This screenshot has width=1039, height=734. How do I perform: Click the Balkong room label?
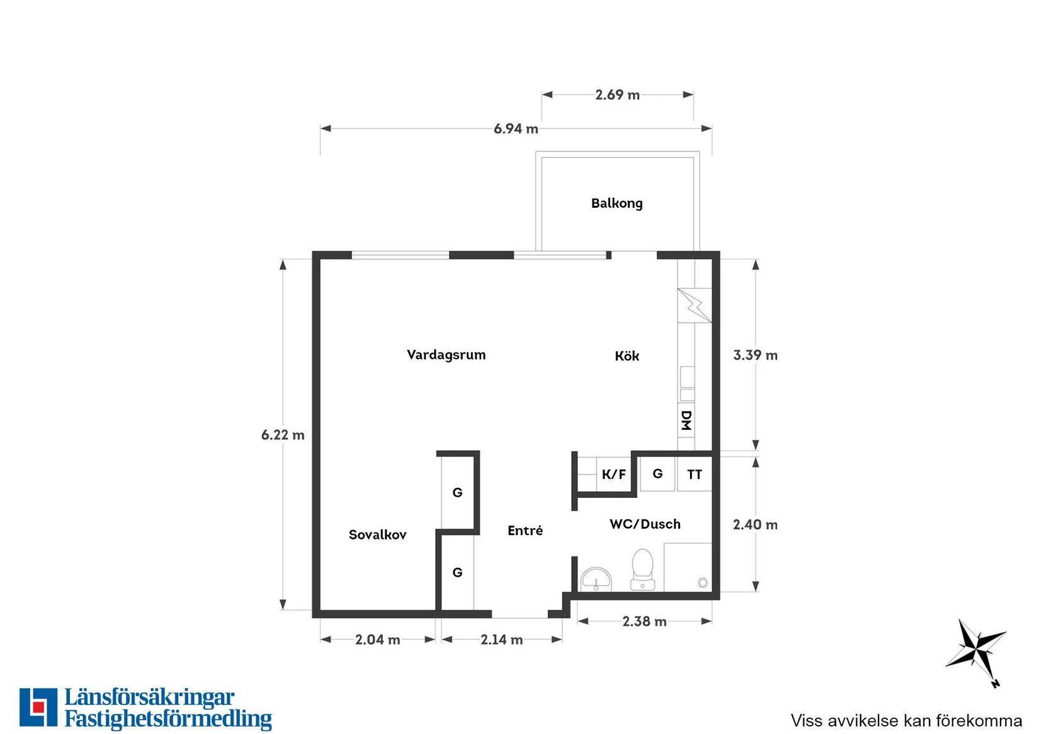pyautogui.click(x=617, y=203)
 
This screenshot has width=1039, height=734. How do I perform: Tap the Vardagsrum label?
pyautogui.click(x=446, y=355)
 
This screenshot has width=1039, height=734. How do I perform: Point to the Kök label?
pyautogui.click(x=627, y=356)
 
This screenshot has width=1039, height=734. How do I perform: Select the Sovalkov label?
pyautogui.click(x=378, y=534)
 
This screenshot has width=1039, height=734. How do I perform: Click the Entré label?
pyautogui.click(x=525, y=530)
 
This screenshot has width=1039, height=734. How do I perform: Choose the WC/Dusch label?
pyautogui.click(x=645, y=524)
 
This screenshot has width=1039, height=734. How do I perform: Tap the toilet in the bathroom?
pyautogui.click(x=642, y=570)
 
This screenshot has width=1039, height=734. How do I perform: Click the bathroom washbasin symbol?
pyautogui.click(x=596, y=579)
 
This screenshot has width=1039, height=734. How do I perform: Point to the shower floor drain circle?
pyautogui.click(x=703, y=582)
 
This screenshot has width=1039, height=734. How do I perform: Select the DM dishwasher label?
pyautogui.click(x=686, y=421)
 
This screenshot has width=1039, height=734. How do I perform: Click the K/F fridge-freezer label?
pyautogui.click(x=614, y=475)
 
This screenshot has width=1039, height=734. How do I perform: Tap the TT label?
pyautogui.click(x=695, y=475)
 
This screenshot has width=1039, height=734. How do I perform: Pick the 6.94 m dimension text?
pyautogui.click(x=516, y=128)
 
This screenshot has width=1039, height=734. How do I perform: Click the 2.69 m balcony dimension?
pyautogui.click(x=617, y=94)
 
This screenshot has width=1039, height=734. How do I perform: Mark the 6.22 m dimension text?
pyautogui.click(x=283, y=434)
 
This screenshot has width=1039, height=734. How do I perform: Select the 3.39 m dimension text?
pyautogui.click(x=755, y=355)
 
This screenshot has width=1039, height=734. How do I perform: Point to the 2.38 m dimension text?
pyautogui.click(x=644, y=621)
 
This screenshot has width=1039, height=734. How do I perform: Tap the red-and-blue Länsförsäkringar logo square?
pyautogui.click(x=38, y=707)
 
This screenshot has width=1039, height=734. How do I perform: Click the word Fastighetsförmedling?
pyautogui.click(x=168, y=718)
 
